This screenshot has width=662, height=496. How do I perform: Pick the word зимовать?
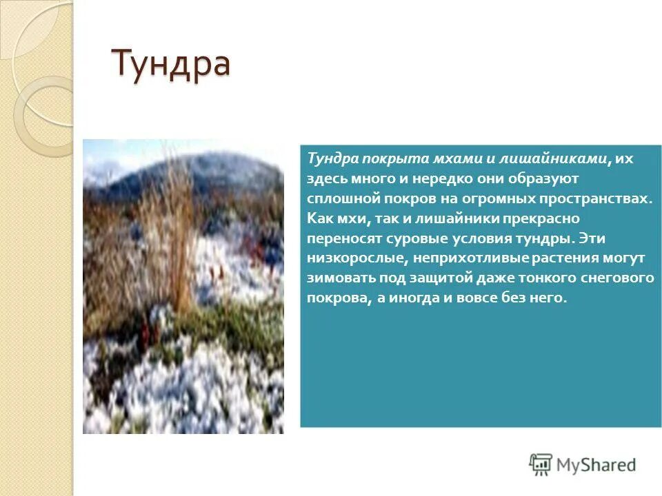[338, 278]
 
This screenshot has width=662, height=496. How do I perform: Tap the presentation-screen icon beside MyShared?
[541, 464]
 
